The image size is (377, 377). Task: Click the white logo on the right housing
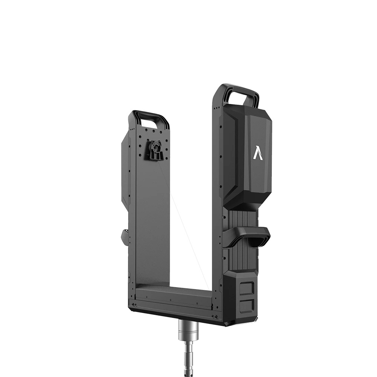(258, 153)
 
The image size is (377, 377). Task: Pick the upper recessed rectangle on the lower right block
(247, 288)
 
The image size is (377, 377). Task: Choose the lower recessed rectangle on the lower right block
(247, 305)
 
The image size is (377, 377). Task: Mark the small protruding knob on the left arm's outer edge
(125, 238)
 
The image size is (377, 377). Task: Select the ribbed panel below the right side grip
(241, 256)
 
